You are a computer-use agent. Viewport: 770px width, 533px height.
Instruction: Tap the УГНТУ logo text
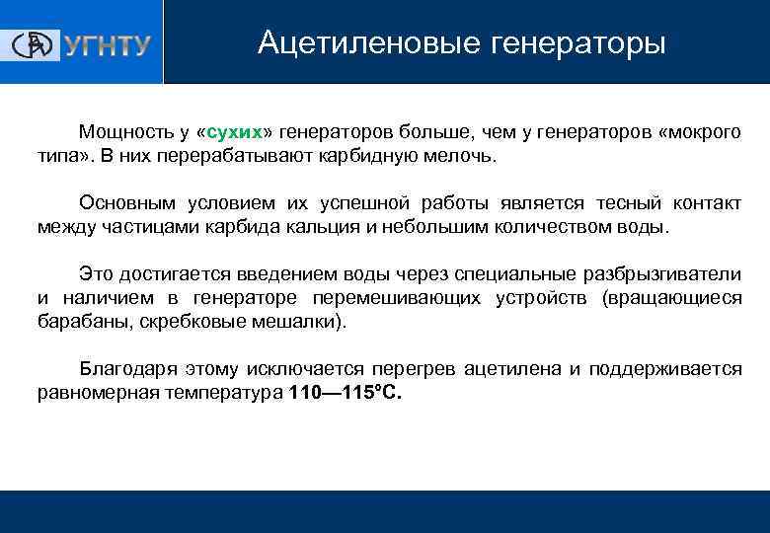pyautogui.click(x=108, y=45)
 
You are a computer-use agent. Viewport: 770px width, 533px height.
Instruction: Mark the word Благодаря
pyautogui.click(x=125, y=368)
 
